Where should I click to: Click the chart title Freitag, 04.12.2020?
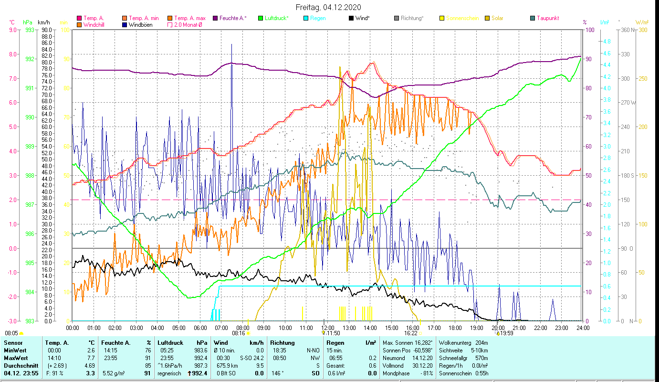point(328,7)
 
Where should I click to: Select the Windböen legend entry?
point(140,24)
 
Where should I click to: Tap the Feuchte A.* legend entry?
point(233,18)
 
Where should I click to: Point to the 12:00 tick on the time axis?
point(327,328)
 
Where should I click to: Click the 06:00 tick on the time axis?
point(200,328)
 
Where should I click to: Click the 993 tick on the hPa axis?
point(30,30)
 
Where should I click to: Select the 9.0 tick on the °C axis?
point(12,30)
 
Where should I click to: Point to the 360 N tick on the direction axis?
point(627,30)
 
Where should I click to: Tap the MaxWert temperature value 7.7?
point(91,358)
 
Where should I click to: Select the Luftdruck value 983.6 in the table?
point(200,350)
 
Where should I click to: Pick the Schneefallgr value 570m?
point(488,358)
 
